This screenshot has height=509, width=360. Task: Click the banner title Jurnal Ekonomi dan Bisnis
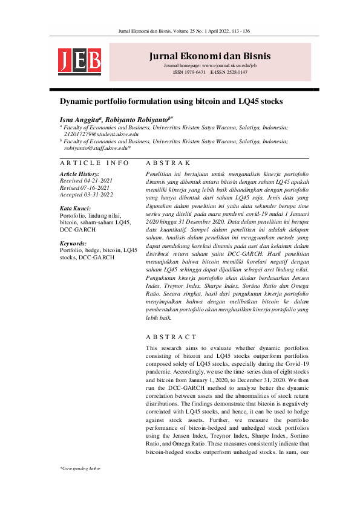[210, 56]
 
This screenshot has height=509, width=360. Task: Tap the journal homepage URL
[210, 65]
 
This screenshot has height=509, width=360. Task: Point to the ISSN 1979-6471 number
[189, 72]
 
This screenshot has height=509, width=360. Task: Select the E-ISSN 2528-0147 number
[229, 72]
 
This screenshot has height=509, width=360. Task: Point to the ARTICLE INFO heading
[94, 163]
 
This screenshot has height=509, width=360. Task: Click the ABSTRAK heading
[169, 163]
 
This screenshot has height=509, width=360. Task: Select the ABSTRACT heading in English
[171, 337]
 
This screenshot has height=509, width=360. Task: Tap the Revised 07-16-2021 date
[85, 188]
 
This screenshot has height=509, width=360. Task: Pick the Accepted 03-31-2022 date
[86, 195]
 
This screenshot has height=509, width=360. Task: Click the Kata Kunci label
[76, 208]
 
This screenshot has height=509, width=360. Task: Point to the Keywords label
[75, 243]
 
